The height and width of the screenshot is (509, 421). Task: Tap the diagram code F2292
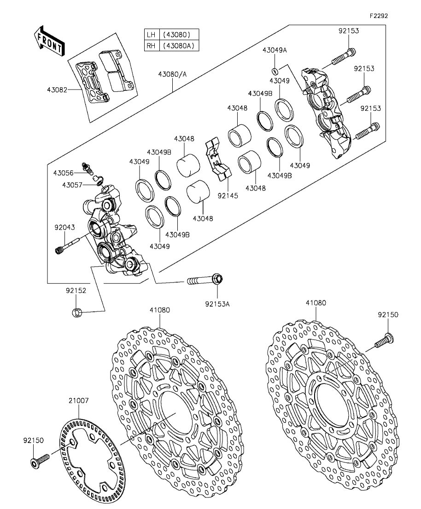pos(379,16)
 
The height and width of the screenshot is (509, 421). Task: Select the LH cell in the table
pos(151,35)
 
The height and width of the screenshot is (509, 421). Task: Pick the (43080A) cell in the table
pos(179,46)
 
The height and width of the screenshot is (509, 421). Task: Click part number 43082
pos(57,90)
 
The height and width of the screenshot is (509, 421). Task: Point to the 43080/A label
pos(172,74)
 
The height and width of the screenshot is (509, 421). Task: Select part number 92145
pos(228,196)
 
